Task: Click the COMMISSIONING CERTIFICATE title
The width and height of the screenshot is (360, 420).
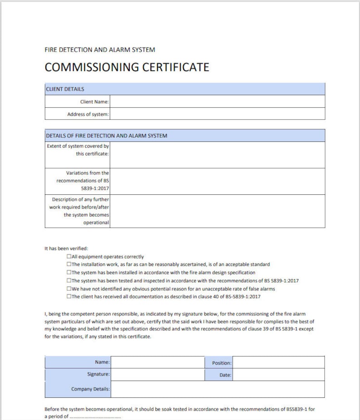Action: coord(127,68)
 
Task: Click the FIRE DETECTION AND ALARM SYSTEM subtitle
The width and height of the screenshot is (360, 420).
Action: coord(100,50)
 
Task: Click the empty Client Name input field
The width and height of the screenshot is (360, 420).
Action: coord(217,101)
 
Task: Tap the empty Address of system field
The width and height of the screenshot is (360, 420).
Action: coord(217,114)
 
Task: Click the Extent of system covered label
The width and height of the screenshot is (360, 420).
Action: coord(78,150)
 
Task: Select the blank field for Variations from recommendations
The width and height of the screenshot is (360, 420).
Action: coord(217,181)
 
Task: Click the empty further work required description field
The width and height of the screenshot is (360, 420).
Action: coord(217,211)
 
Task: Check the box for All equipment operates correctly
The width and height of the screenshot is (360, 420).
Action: coord(69,256)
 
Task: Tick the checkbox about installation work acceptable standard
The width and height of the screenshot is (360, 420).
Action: coord(69,264)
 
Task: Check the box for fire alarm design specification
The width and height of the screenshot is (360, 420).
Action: coord(69,272)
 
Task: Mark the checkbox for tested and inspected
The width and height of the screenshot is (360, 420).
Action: coord(69,280)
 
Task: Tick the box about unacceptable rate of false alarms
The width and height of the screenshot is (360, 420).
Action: coord(69,288)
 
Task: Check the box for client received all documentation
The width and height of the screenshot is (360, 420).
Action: coord(69,296)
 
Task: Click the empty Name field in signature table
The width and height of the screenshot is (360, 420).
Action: coord(157,362)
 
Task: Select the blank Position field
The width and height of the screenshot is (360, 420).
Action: coord(278,362)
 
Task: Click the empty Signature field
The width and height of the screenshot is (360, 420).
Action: coord(157,375)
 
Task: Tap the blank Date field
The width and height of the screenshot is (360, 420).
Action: coord(278,375)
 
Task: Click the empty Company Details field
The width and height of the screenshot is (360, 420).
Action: coord(217,389)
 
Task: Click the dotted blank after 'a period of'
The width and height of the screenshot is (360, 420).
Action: coord(95,417)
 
